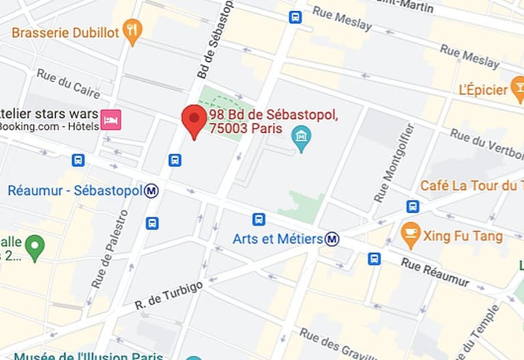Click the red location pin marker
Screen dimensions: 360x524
194,121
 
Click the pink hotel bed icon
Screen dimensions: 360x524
111,120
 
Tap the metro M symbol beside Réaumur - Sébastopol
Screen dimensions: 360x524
151,191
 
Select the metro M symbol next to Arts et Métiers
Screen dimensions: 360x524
332,239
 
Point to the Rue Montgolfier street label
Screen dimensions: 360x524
394,164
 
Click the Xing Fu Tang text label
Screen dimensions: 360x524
463,237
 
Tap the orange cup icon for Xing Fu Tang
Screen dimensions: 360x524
410,235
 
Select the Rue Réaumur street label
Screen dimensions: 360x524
435,271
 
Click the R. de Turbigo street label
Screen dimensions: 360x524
169,295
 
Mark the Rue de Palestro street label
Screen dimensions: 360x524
110,248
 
